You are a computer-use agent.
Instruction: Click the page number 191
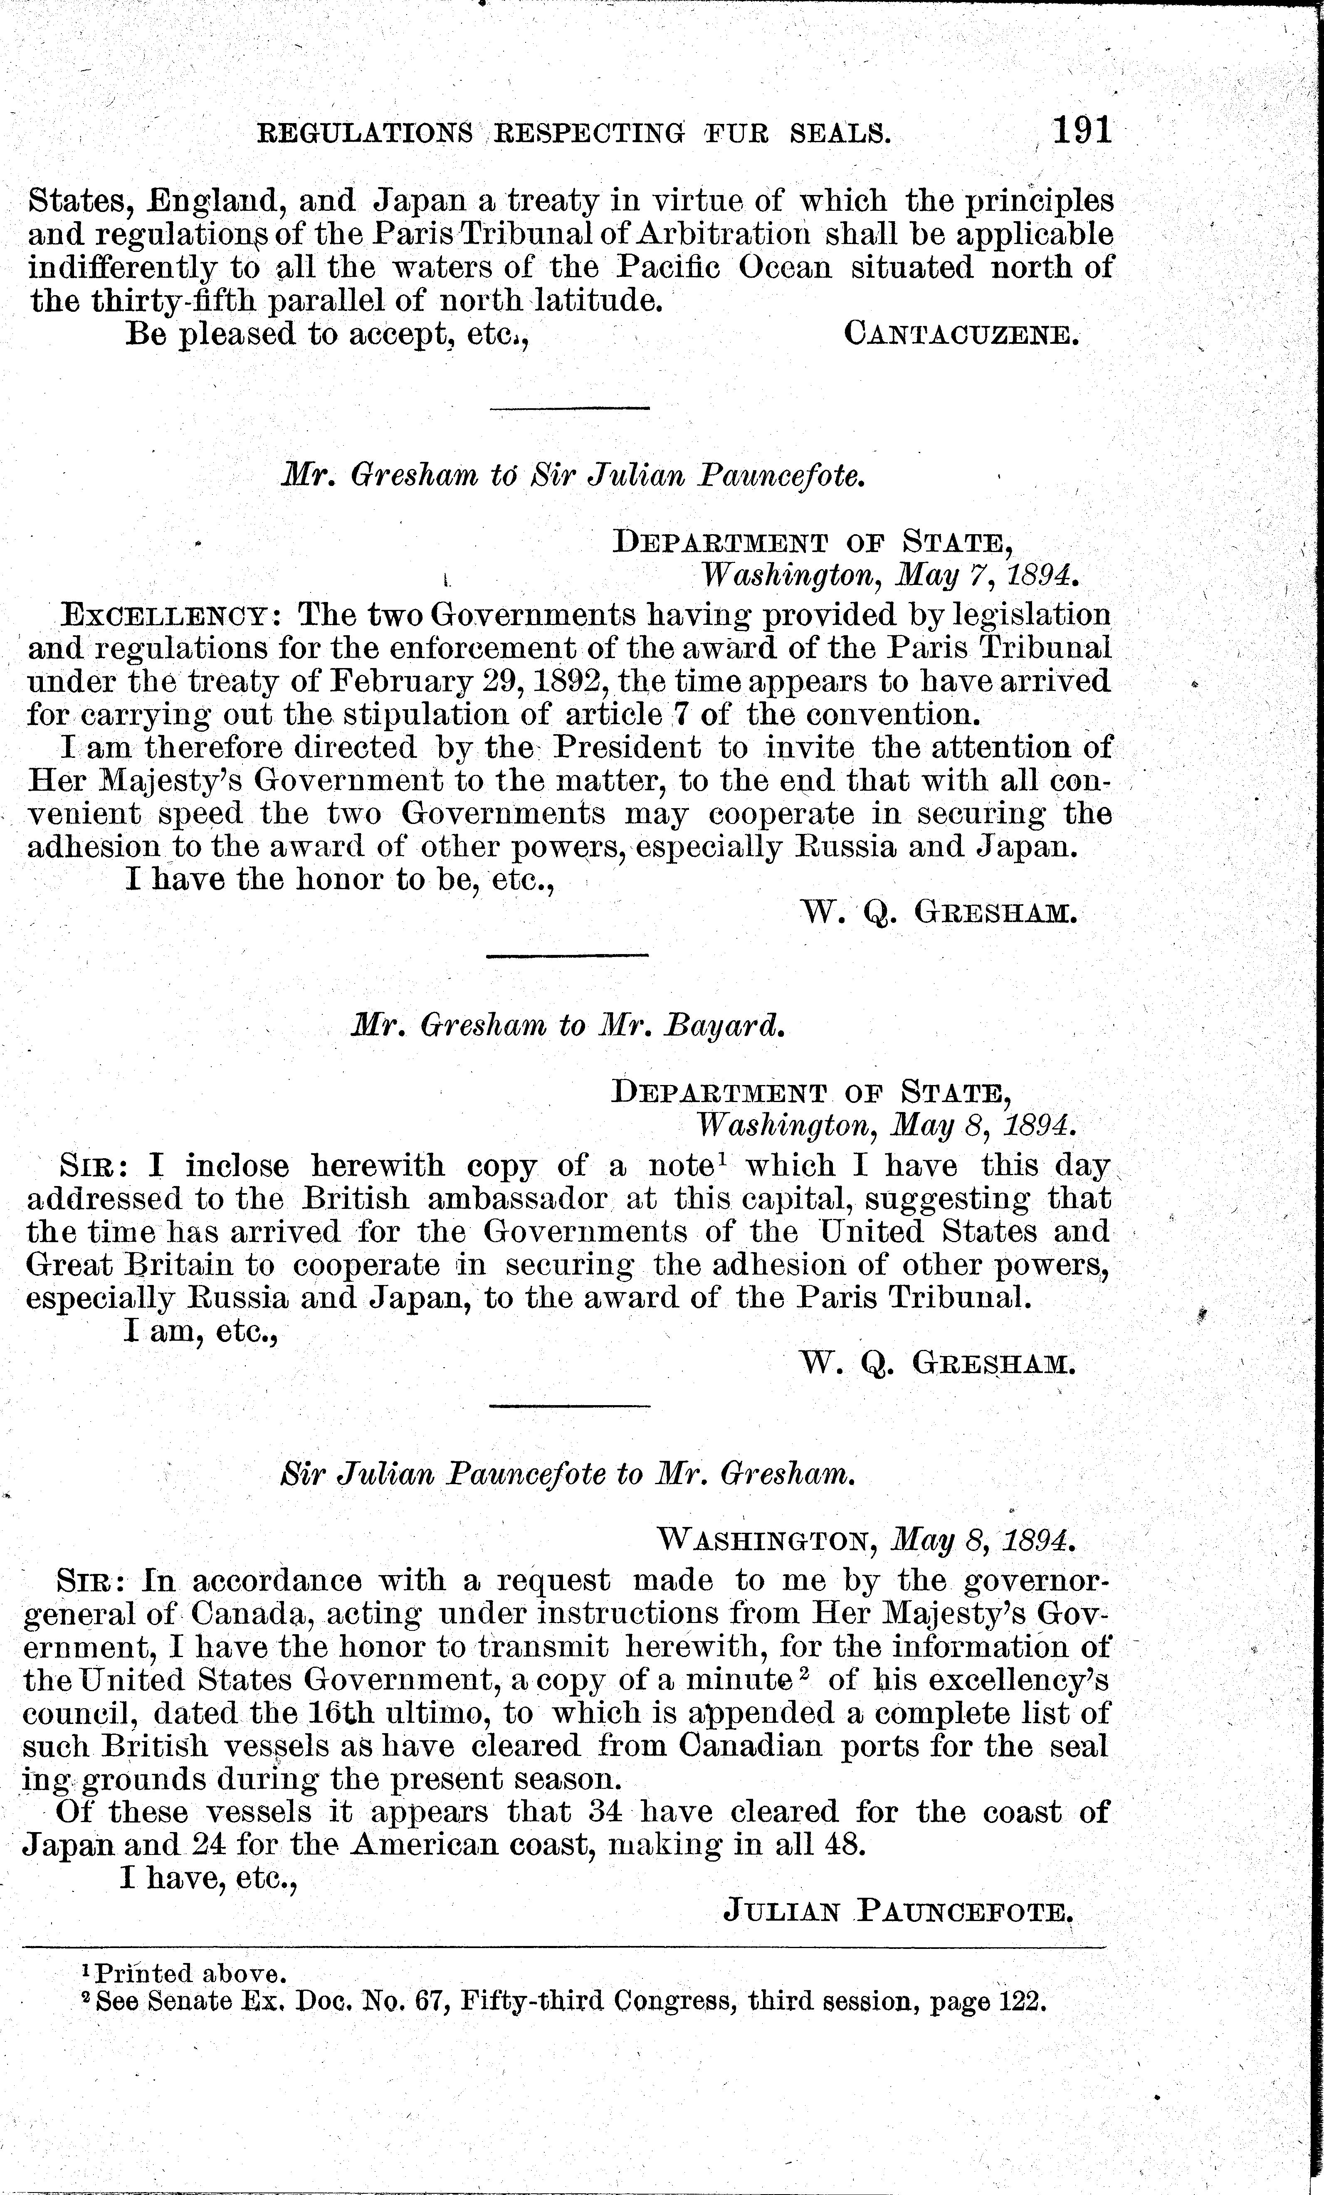click(x=1082, y=131)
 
